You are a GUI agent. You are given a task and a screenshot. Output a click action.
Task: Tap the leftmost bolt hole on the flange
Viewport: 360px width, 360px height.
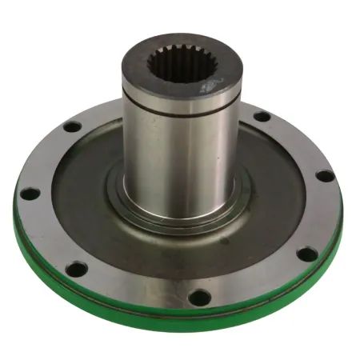tap(30, 192)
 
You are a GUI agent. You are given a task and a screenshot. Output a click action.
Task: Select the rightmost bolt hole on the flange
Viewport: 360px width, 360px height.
tap(326, 175)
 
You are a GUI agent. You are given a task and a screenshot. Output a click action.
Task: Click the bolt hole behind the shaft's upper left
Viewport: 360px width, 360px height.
tap(70, 126)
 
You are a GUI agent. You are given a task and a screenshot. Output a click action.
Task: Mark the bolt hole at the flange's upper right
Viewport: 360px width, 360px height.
tap(262, 117)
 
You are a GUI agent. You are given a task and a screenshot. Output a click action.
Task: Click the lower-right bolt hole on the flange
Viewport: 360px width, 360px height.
tap(306, 254)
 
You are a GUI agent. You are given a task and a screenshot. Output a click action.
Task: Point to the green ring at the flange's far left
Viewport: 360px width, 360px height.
tap(18, 212)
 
